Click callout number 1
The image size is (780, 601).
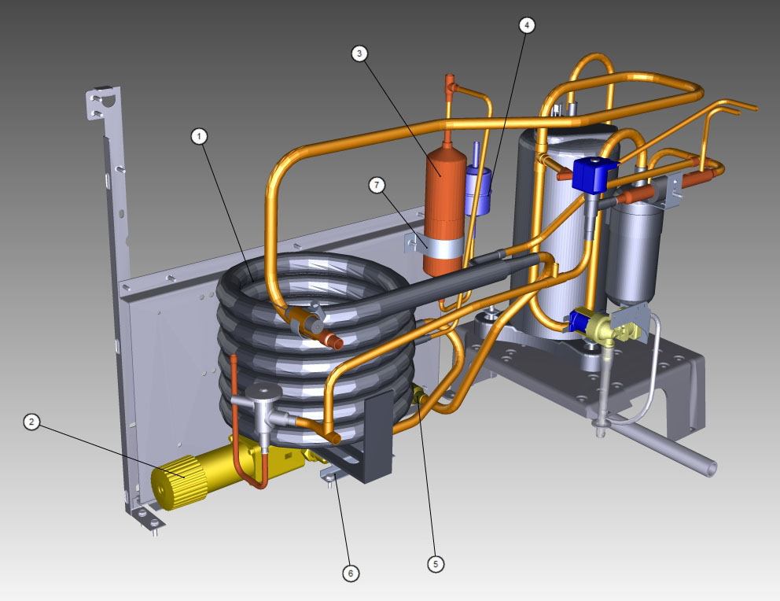[x=199, y=136]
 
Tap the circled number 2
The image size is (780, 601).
[x=31, y=422]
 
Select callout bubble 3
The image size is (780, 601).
[x=359, y=53]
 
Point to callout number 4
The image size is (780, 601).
[x=527, y=25]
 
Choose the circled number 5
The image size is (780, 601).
[x=436, y=564]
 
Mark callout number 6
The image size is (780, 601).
[x=351, y=573]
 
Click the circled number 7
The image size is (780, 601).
[x=377, y=186]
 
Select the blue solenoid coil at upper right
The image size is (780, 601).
[x=594, y=174]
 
